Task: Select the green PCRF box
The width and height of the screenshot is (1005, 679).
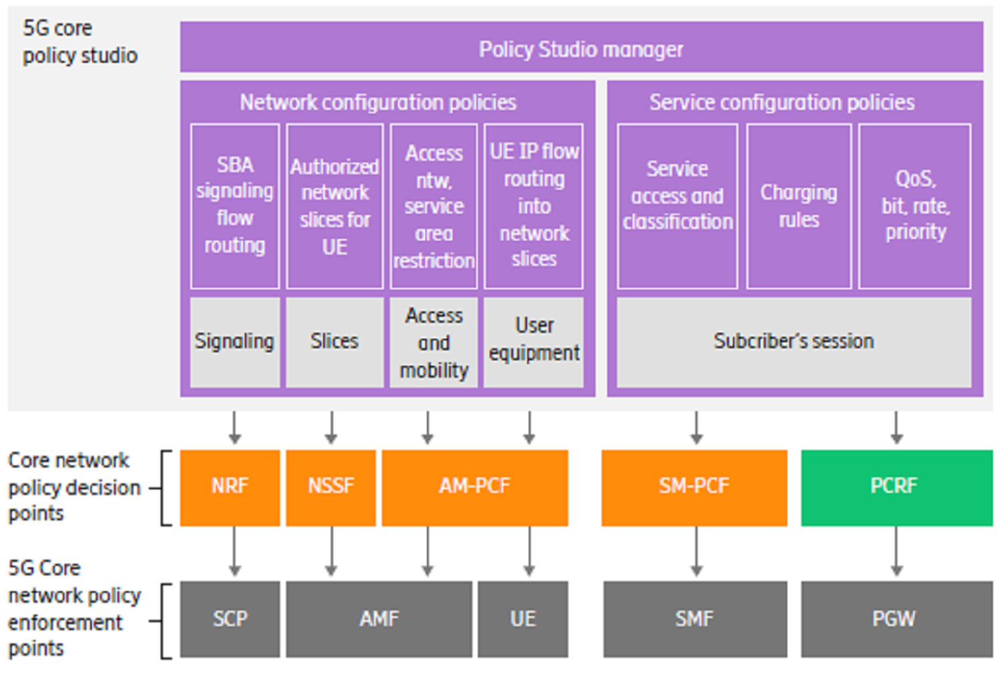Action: point(896,487)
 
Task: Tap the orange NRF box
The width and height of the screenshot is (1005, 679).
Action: point(230,487)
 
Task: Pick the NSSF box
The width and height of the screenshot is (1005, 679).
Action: point(331,487)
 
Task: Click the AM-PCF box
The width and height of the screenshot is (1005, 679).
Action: point(474,487)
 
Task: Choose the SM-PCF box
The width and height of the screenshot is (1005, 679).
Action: point(694,487)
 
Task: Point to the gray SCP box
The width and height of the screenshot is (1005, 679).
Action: point(230,619)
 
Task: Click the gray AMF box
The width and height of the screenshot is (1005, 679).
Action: point(379,619)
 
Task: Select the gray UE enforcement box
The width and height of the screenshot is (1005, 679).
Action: point(523,619)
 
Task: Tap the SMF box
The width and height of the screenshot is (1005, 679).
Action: point(695,619)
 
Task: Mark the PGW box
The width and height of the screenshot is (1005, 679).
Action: point(896,619)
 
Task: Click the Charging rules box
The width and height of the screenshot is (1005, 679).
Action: point(799,206)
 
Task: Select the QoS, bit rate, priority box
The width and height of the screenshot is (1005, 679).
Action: point(915,206)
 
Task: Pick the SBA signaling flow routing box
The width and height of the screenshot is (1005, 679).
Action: point(234,206)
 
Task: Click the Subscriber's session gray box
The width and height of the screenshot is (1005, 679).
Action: point(793,342)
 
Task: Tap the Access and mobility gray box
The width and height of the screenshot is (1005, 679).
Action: point(433,342)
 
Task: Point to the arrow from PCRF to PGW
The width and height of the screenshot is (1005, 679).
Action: point(896,551)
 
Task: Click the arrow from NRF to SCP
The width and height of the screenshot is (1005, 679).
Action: point(234,551)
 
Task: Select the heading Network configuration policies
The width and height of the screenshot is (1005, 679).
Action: point(378,102)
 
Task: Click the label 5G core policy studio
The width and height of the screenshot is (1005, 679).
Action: point(80,42)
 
